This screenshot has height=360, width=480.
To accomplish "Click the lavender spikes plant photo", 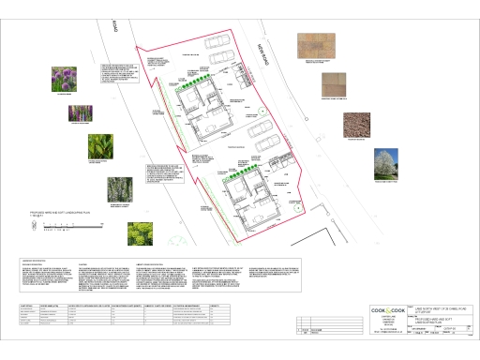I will pos(79,114).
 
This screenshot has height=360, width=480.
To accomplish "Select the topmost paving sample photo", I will pos(316,45).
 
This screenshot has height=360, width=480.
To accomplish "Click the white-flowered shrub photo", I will pos(119,189).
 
